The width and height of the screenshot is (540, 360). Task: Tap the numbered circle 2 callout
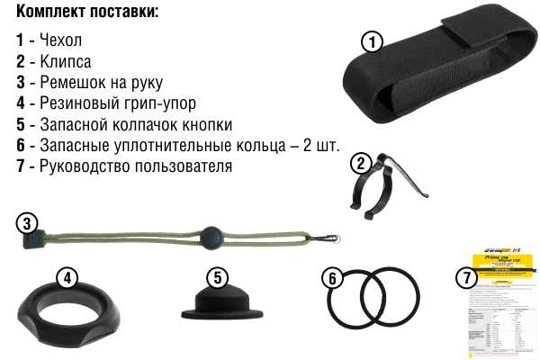click(360, 164)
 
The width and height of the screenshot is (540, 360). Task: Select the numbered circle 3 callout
click(28, 221)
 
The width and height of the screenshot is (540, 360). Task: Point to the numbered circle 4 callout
click(66, 278)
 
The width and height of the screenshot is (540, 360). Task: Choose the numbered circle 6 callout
click(333, 278)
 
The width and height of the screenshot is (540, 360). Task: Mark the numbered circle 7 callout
click(466, 278)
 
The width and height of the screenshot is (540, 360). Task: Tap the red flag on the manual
click(516, 251)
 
